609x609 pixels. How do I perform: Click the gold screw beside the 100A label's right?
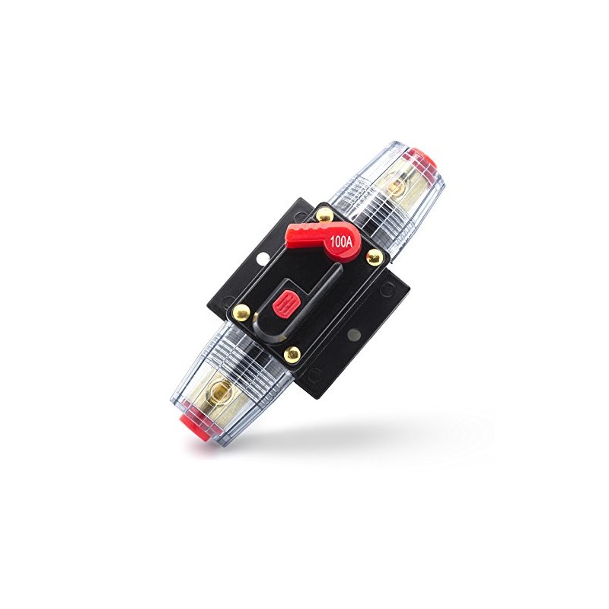pos(372,258)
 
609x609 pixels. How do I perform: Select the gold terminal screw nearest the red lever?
pos(394,186)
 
